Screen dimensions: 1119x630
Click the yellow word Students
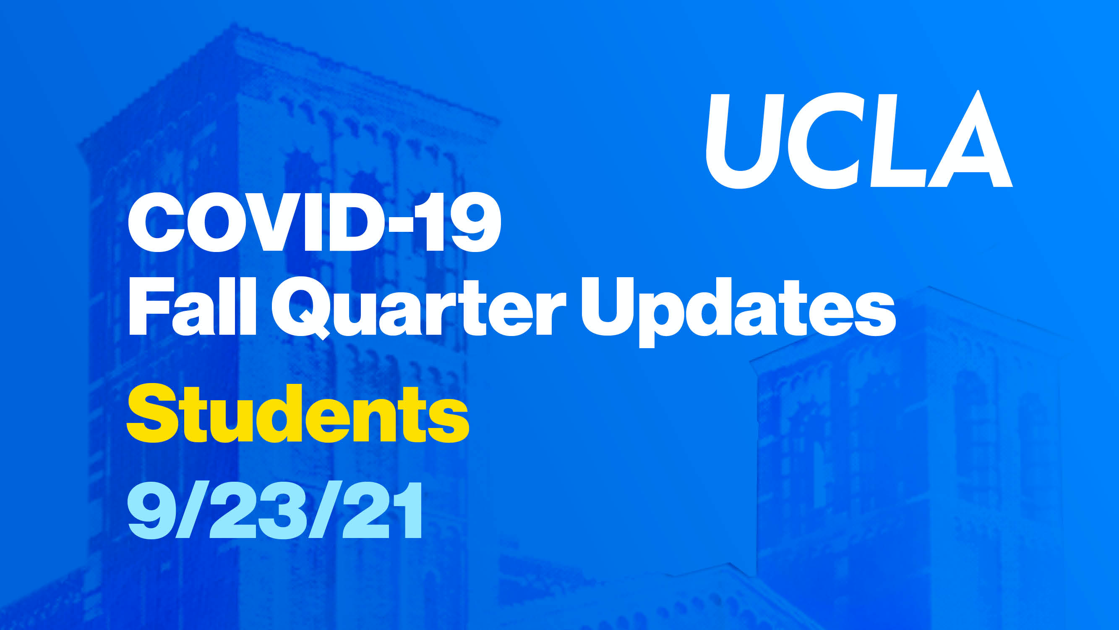click(298, 413)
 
